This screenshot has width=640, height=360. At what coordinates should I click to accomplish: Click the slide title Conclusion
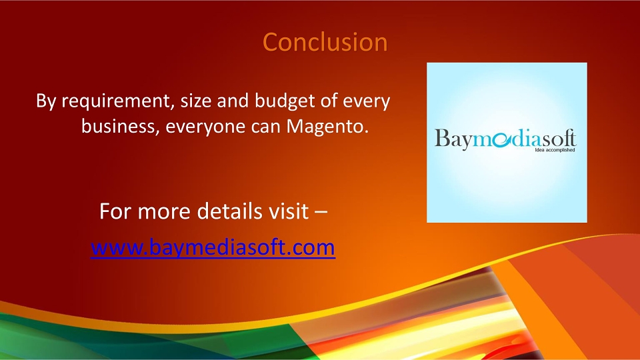point(325,42)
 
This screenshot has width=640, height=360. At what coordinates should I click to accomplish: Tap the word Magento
point(327,126)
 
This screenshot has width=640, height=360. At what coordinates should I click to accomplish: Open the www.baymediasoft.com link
point(213,247)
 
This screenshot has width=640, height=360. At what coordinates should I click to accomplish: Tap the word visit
point(288,211)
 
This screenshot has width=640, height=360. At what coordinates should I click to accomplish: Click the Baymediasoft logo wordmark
point(505,139)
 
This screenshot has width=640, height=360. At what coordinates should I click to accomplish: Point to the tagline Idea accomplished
point(555,150)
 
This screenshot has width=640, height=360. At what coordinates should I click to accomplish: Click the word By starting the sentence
point(46,101)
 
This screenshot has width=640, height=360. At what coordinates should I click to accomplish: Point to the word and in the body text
point(233,101)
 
